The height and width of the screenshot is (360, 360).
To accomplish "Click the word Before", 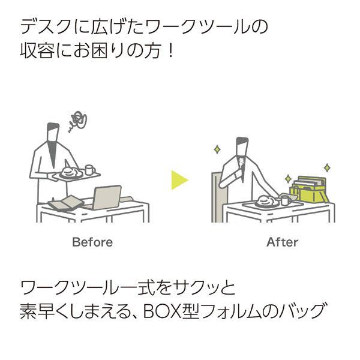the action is [x=92, y=242].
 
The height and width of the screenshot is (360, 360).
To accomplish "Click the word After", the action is [x=283, y=242].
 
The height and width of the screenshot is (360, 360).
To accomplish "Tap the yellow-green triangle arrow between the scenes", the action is [x=179, y=180].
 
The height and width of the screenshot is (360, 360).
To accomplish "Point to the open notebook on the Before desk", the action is [x=66, y=203].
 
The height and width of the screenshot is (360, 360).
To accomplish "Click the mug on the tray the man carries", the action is [x=90, y=170].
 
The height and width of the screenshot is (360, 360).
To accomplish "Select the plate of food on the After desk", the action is [x=267, y=202].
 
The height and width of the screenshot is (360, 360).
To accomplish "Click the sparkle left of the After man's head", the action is [x=217, y=149].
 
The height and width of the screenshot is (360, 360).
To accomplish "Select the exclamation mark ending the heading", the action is [x=170, y=50].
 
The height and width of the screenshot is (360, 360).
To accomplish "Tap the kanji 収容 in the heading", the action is [x=37, y=50].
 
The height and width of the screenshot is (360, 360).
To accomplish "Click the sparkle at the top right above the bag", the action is [x=327, y=168].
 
